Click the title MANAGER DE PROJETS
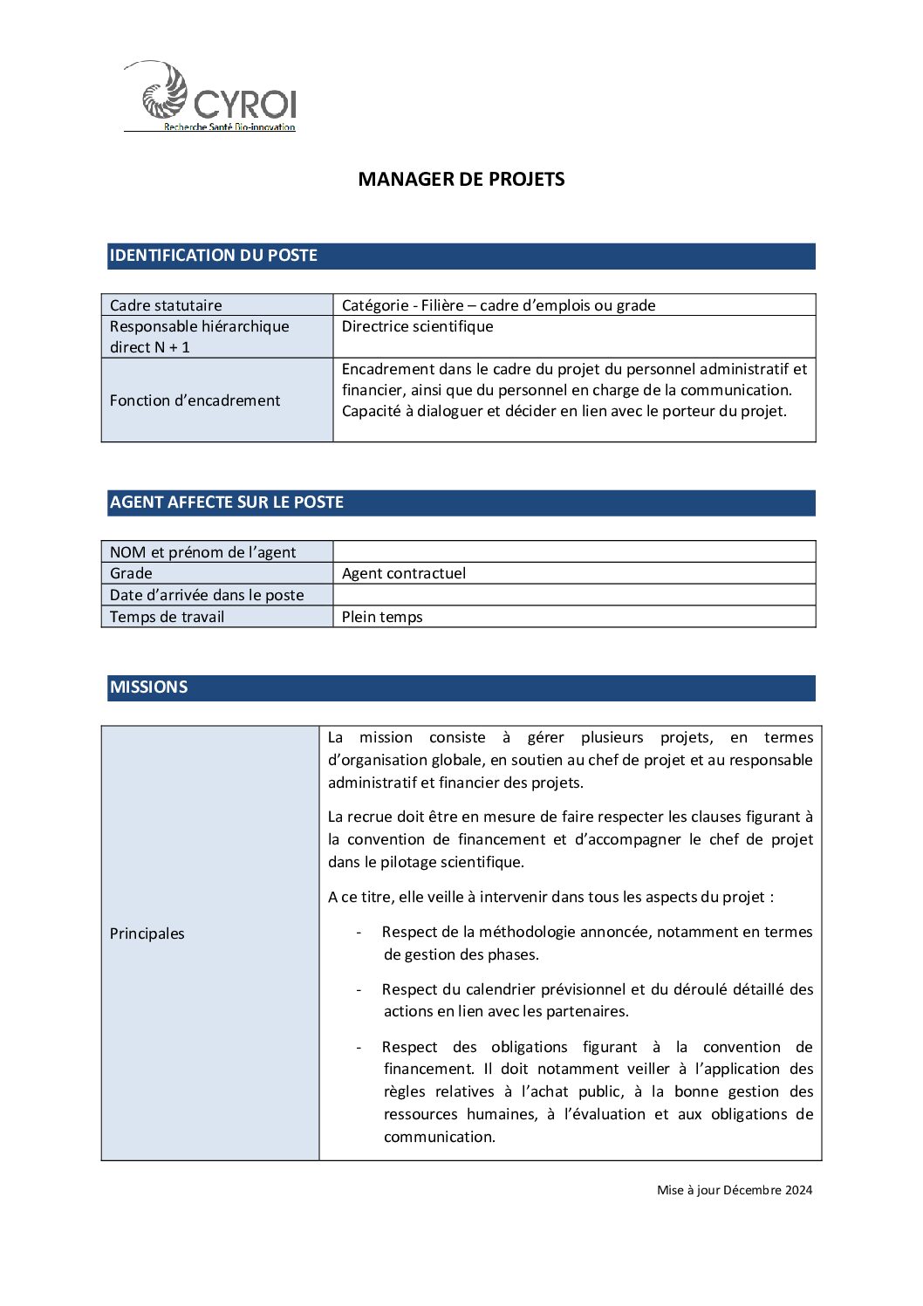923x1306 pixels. tap(461, 179)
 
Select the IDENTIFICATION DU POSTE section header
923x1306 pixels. tap(213, 256)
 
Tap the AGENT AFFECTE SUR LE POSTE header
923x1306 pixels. tap(226, 503)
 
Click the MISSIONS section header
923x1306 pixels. tap(148, 687)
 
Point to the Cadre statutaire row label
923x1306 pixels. tap(166, 305)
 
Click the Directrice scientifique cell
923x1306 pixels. tap(417, 326)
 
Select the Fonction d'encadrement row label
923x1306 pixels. tap(195, 400)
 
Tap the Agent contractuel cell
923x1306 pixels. tap(403, 573)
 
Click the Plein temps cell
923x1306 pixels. tap(382, 617)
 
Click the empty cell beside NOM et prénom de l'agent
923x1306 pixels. tap(574, 551)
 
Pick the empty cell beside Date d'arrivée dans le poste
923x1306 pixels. tap(574, 595)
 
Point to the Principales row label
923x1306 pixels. tap(147, 933)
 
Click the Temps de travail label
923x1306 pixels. tap(167, 617)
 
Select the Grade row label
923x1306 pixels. tap(131, 573)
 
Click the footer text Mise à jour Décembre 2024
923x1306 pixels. tap(734, 1190)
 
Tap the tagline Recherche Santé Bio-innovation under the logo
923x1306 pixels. tap(229, 127)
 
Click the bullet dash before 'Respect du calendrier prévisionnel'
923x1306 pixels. tap(359, 989)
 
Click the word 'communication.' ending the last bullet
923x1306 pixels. tap(439, 1137)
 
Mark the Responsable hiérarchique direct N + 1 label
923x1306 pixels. tap(199, 337)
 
